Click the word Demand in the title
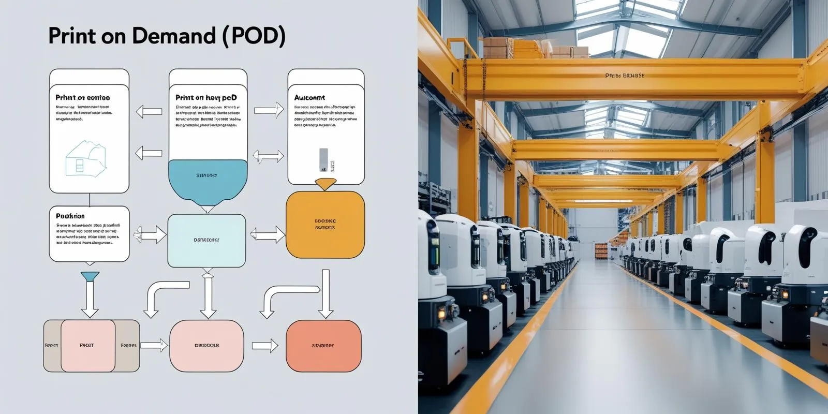(173, 36)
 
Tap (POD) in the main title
(254, 36)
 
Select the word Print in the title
(73, 36)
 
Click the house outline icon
(85, 158)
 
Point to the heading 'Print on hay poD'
(206, 97)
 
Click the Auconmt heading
(309, 97)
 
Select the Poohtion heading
(70, 216)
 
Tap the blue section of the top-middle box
(208, 179)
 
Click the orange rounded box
(325, 225)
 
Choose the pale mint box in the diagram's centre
(206, 240)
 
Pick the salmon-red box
(323, 346)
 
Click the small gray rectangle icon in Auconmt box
(323, 159)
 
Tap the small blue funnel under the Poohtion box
(90, 277)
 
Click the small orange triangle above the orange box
(325, 184)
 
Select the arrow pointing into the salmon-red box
(265, 346)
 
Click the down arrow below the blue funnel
(90, 300)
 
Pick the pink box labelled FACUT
(87, 345)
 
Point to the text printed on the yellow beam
(625, 76)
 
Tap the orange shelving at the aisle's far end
(601, 250)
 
